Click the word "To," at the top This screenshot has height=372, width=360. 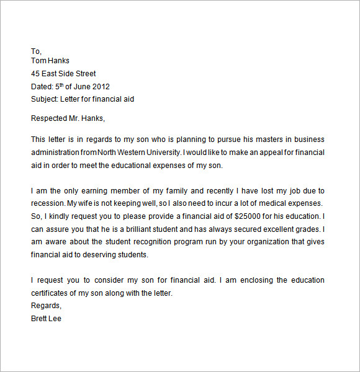pos(36,51)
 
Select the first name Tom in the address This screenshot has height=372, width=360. pos(38,61)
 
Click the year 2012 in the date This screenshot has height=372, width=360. pos(101,87)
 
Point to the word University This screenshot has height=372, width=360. pos(158,153)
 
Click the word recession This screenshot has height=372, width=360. pos(47,203)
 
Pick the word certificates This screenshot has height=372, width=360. pos(51,293)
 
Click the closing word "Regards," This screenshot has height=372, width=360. pos(47,306)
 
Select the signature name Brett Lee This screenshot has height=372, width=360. pos(46,319)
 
